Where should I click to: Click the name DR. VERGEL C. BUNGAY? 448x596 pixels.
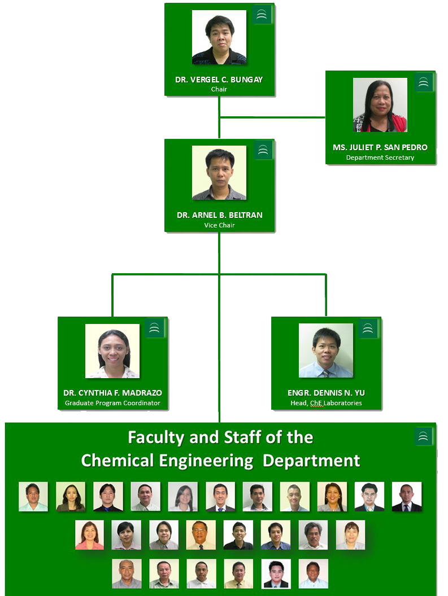click(x=219, y=80)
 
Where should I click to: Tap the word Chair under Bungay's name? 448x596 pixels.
click(x=219, y=89)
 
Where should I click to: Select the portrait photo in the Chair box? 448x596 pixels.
click(x=219, y=37)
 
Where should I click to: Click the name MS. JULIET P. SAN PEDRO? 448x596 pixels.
click(x=380, y=147)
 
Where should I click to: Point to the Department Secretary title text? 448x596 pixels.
click(x=380, y=157)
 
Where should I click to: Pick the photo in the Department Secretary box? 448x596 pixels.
click(x=380, y=105)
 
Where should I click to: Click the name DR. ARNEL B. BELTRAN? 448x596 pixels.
click(x=219, y=215)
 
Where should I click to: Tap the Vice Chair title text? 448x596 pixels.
click(x=219, y=225)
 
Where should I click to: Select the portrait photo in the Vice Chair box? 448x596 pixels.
click(x=219, y=173)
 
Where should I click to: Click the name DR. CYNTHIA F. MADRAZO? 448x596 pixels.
click(x=112, y=393)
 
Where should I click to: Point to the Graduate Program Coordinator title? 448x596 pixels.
click(x=112, y=403)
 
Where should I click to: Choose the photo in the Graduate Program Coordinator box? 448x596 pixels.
click(x=112, y=351)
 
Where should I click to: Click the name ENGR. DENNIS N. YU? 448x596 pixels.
click(x=326, y=393)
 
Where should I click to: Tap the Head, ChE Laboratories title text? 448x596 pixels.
click(x=326, y=403)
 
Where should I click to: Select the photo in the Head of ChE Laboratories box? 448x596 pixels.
click(x=326, y=350)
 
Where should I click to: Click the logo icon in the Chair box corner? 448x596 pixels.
click(x=262, y=15)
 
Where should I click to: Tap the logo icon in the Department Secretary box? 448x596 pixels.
click(x=423, y=82)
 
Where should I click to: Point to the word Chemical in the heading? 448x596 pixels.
click(x=118, y=461)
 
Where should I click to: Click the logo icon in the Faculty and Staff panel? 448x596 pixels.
click(x=423, y=436)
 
